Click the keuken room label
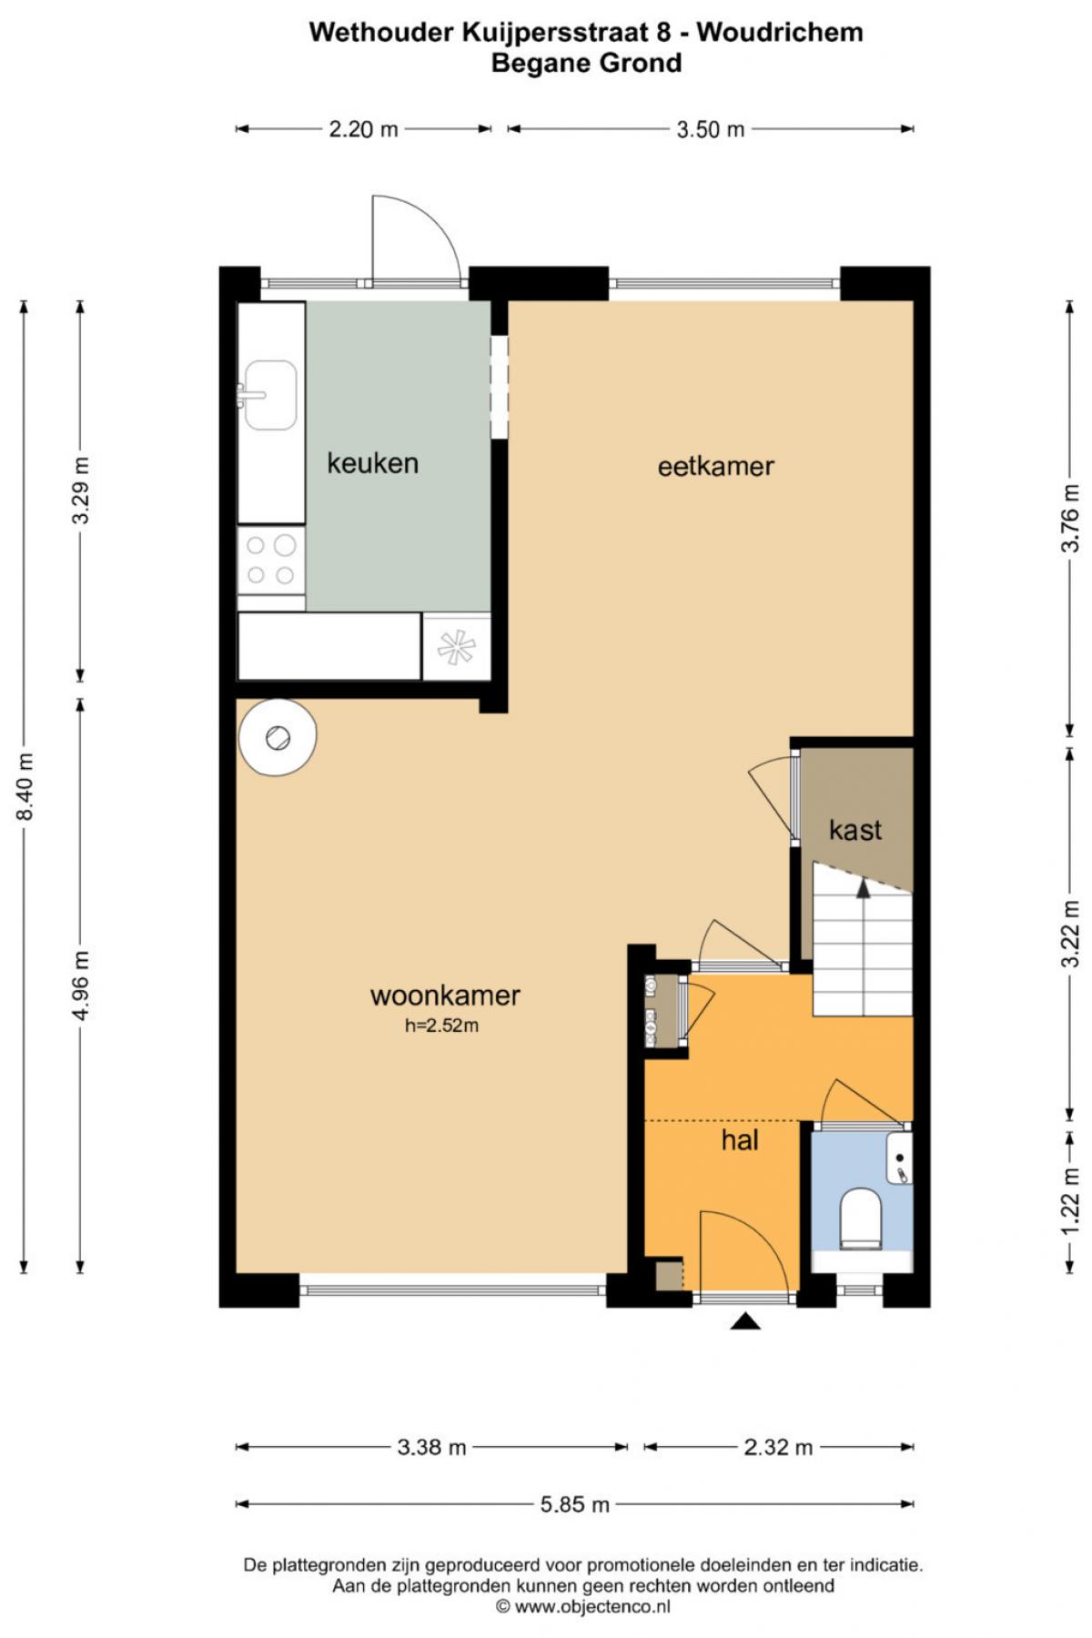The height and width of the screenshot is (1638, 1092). point(373,463)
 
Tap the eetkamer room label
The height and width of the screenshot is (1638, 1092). point(716,467)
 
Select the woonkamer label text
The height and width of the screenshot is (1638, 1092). point(445,995)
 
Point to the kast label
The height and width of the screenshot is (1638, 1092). point(855,830)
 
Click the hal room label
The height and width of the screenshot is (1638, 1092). point(740,1140)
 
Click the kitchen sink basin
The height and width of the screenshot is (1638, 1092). point(269,395)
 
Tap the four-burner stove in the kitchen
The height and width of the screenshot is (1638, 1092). point(271,560)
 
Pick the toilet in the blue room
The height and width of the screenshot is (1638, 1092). point(861,1218)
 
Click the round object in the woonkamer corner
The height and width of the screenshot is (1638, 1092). point(277,737)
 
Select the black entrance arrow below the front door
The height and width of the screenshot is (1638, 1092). point(746,1321)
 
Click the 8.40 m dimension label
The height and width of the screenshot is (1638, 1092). point(25,787)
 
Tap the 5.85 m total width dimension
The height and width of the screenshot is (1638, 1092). point(575,1504)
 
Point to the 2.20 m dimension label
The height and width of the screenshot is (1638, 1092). point(364,129)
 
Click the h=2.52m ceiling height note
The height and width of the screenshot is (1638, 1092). point(442,1026)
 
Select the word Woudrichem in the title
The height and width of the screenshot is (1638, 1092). point(780,33)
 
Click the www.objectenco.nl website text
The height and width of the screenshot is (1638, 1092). point(592,1607)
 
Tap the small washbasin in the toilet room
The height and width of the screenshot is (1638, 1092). point(899,1158)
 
